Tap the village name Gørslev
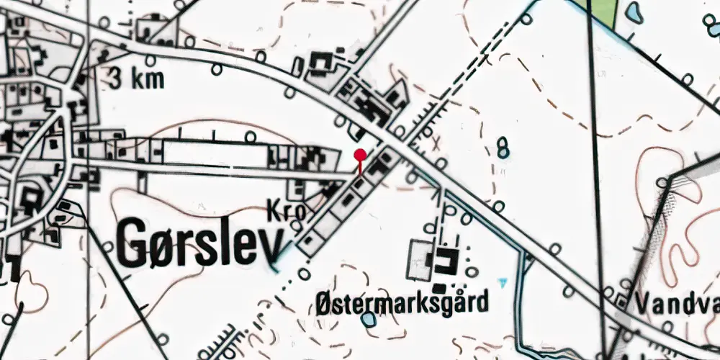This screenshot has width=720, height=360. click(x=198, y=243)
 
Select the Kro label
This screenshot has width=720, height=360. click(x=284, y=210)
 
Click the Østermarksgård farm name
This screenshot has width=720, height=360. click(x=402, y=300)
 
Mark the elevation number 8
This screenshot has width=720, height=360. click(x=503, y=147)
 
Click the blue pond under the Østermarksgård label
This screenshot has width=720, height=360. click(x=369, y=318)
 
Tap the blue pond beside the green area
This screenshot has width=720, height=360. click(x=634, y=11)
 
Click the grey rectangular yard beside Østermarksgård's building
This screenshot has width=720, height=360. click(x=419, y=260)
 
